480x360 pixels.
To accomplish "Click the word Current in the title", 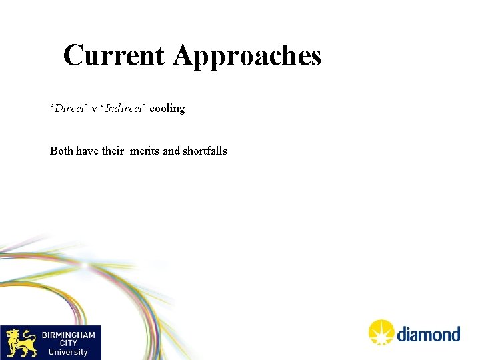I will (115, 55).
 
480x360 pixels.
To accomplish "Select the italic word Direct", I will (69, 108).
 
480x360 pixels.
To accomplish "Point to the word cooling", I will (167, 109).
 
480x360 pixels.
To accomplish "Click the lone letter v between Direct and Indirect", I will (95, 109).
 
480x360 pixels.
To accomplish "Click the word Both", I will (61, 151).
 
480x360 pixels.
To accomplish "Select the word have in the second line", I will (87, 151).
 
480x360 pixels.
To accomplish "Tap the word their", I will (113, 151).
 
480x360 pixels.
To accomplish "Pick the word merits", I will (145, 151).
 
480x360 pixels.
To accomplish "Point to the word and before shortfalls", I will (171, 151).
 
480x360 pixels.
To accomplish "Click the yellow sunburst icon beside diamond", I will (381, 333).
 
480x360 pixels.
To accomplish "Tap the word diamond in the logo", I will (429, 334).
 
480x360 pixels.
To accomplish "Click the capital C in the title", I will (74, 55).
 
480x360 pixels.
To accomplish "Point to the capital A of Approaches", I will (185, 55).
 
